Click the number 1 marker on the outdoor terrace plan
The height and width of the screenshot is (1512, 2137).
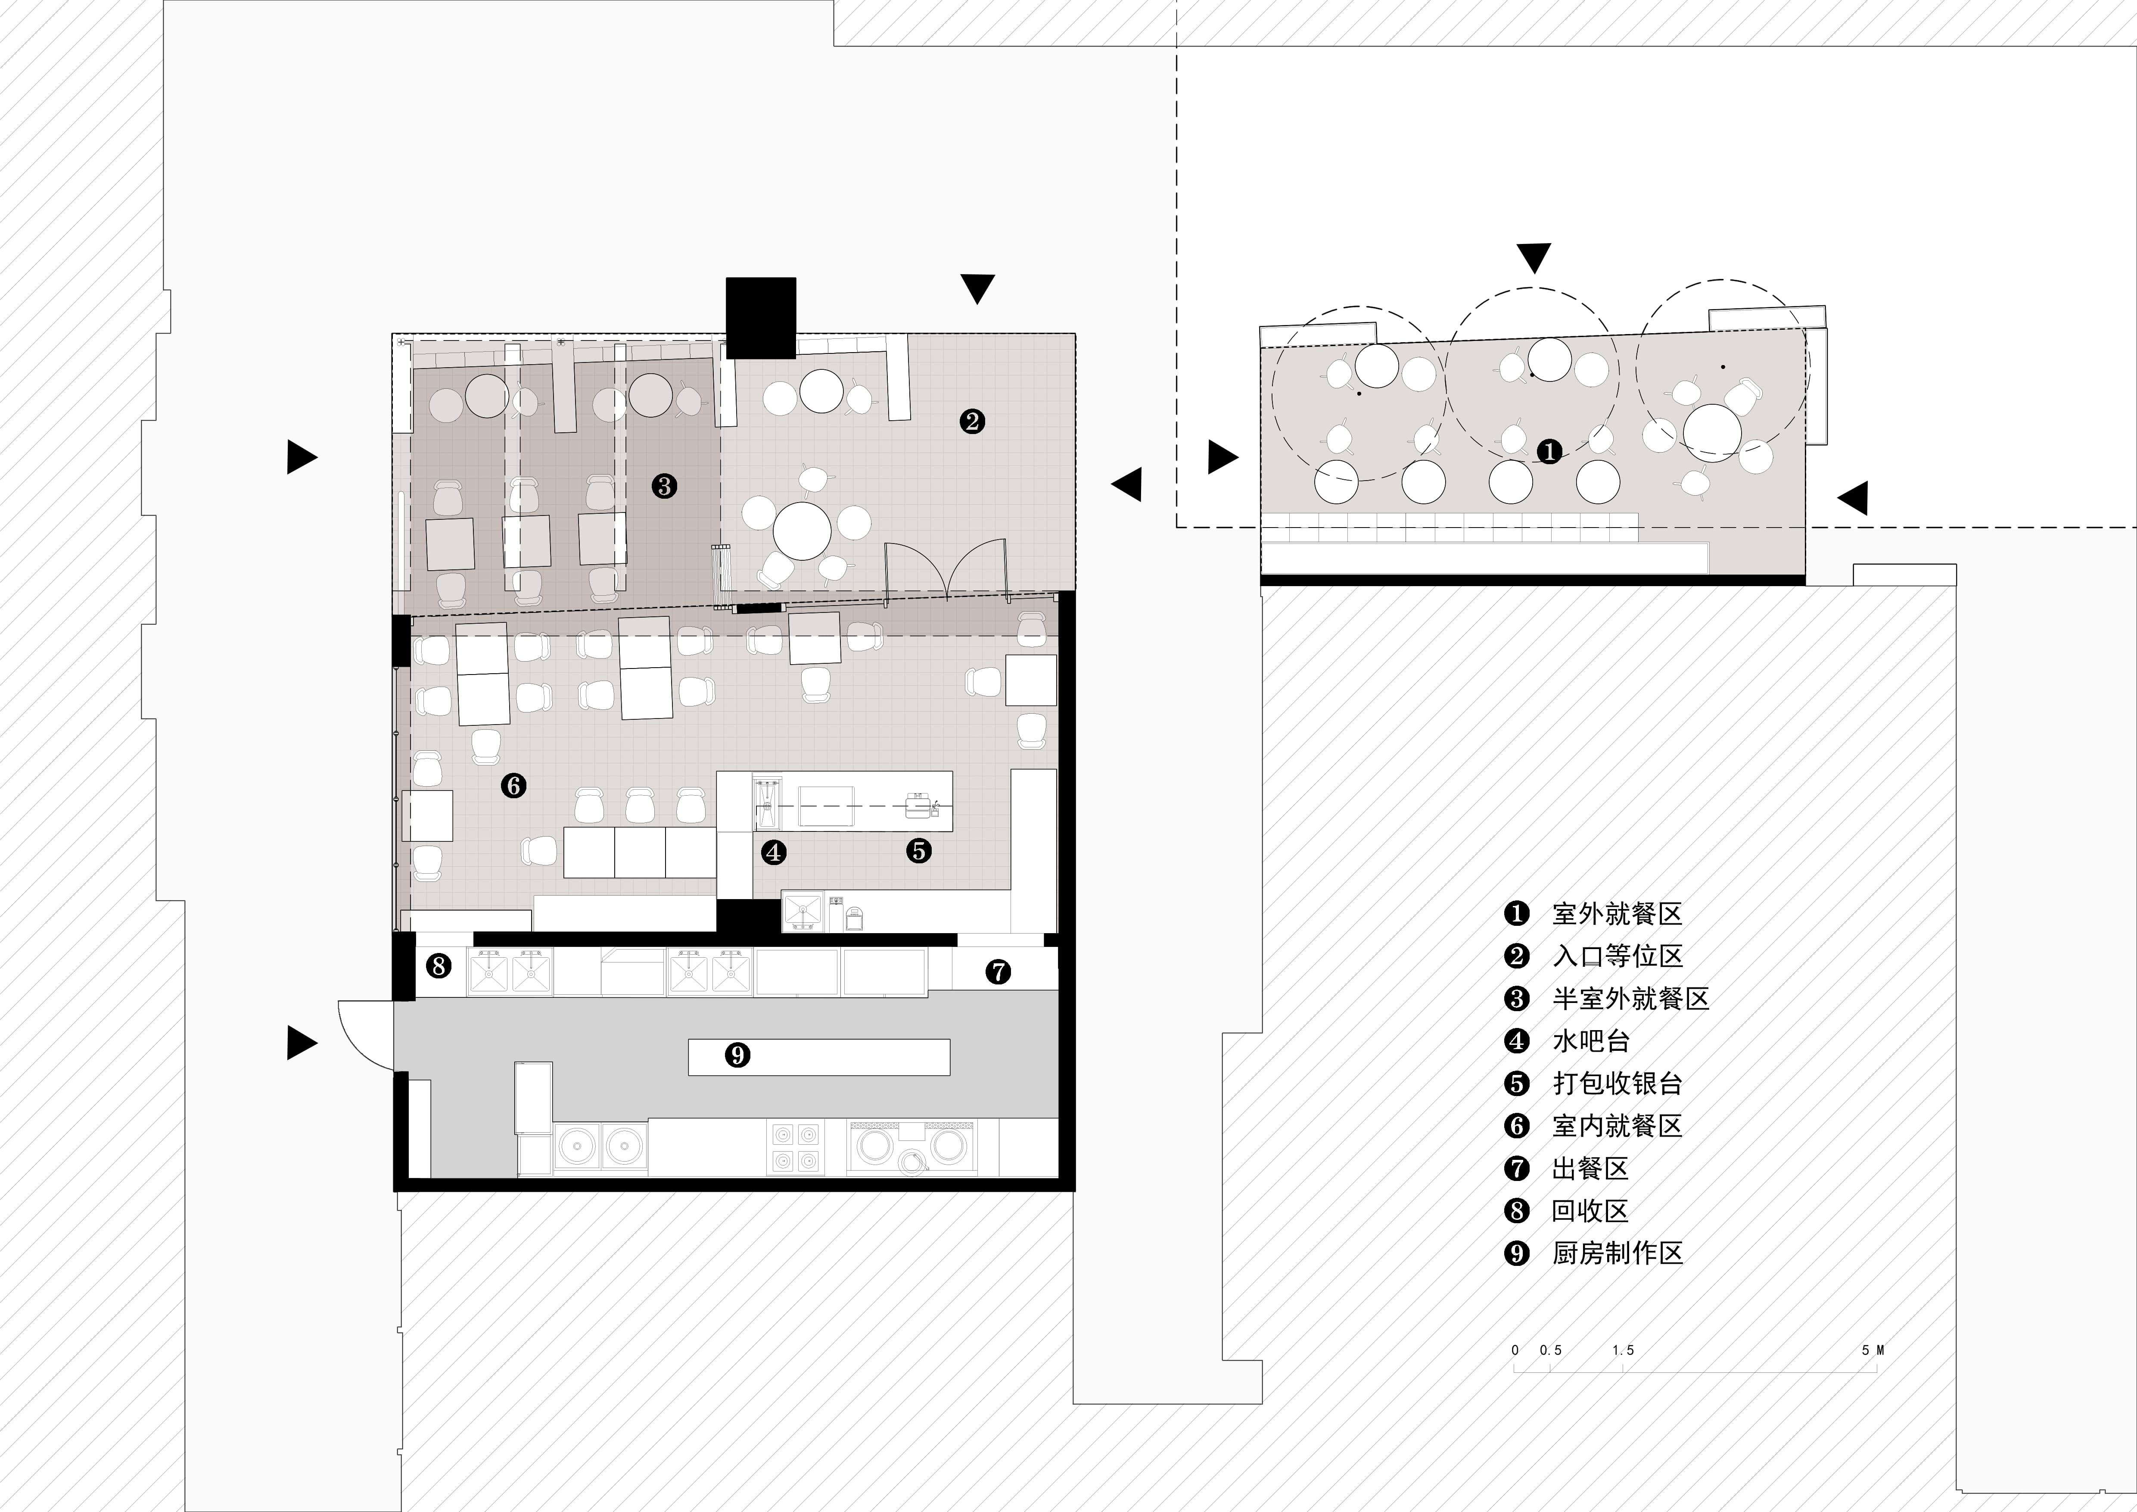[x=1549, y=453]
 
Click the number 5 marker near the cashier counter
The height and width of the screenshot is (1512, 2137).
[x=919, y=850]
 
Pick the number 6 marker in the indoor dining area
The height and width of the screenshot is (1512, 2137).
[x=513, y=786]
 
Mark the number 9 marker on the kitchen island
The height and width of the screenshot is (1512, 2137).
[x=737, y=1055]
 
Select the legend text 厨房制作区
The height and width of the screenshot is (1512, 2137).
[x=1618, y=1253]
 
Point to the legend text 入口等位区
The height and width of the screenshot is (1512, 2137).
[x=1618, y=956]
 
